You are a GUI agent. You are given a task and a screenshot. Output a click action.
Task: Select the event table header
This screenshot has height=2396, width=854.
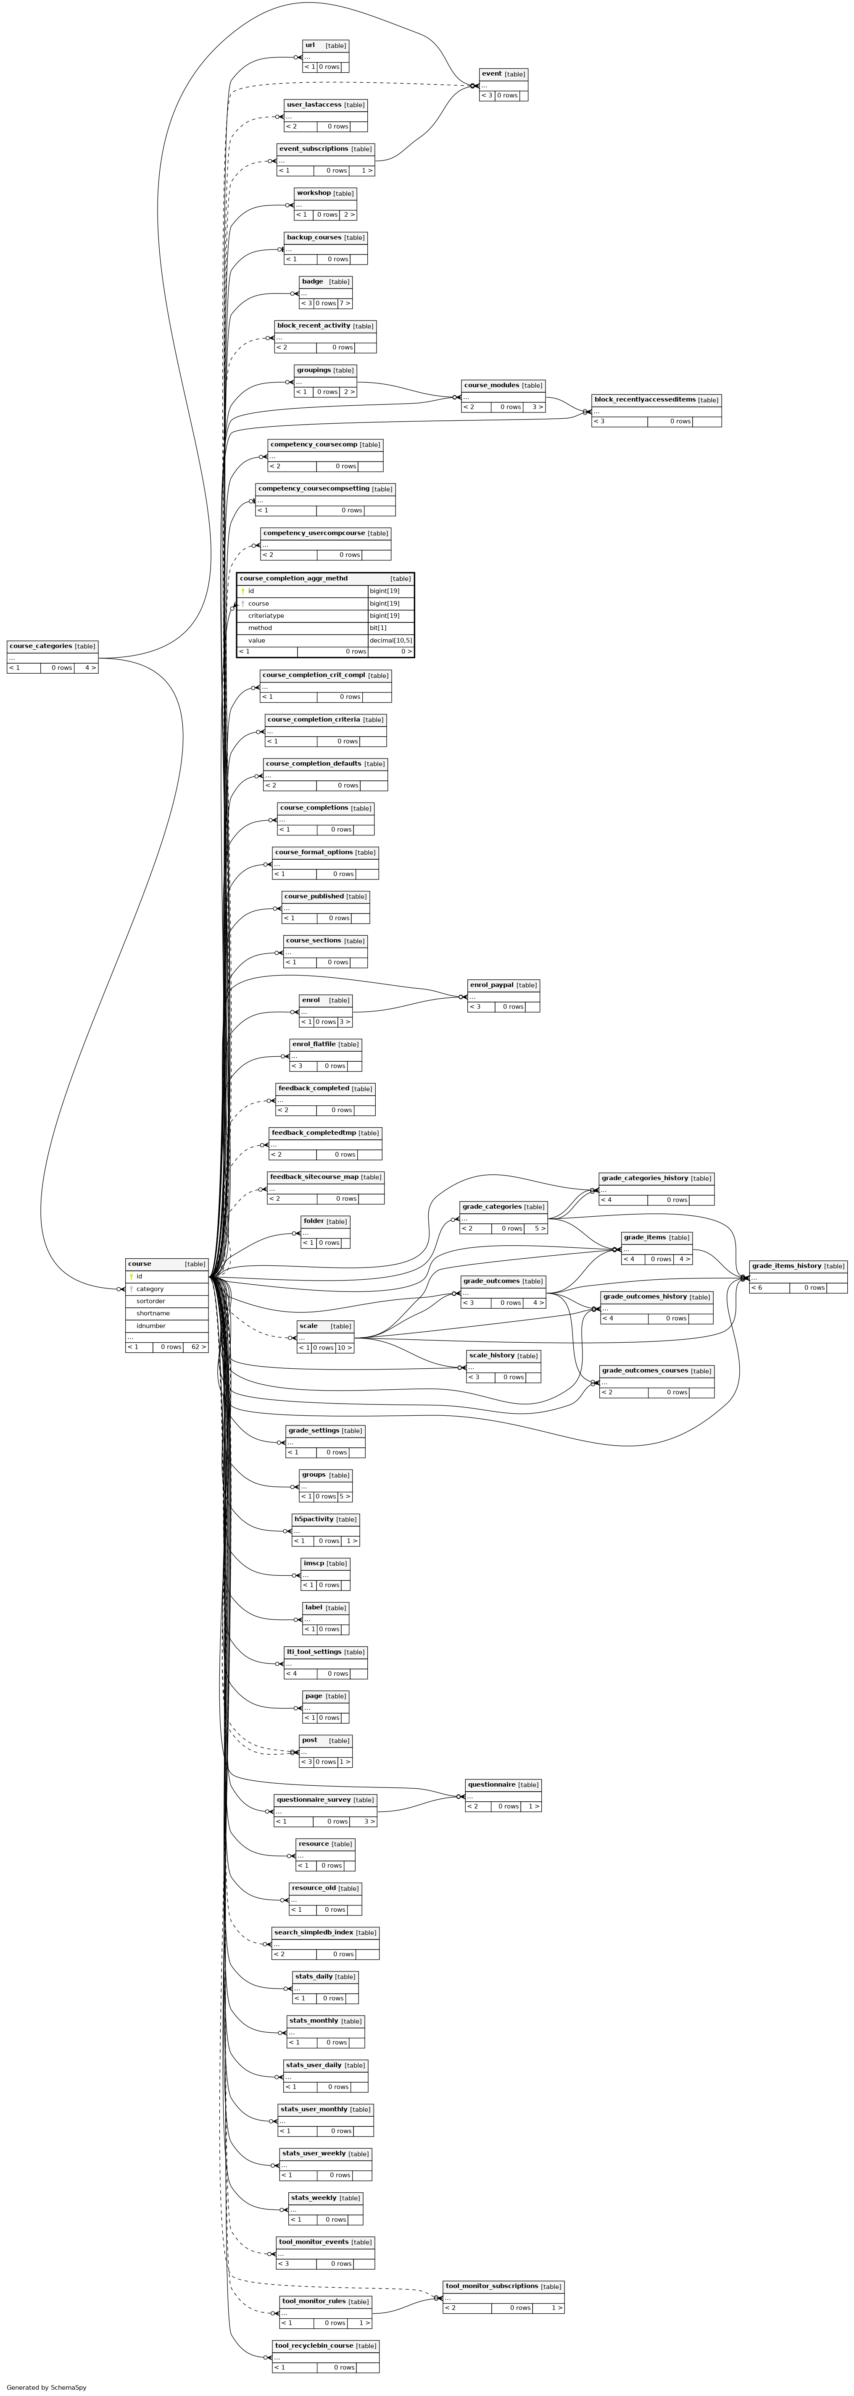tap(503, 73)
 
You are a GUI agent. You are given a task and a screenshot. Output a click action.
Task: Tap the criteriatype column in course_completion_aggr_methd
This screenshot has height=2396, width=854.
tap(266, 616)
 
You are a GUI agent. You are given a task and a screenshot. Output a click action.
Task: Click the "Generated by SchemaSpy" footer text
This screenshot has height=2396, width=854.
tap(47, 2387)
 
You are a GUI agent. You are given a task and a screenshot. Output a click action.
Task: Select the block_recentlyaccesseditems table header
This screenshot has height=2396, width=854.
tap(656, 400)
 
